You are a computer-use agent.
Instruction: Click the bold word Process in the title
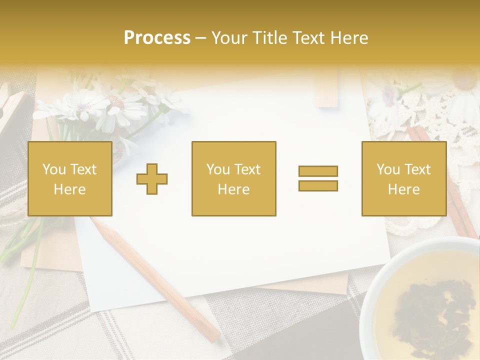click(x=157, y=38)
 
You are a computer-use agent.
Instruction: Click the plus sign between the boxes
click(x=152, y=178)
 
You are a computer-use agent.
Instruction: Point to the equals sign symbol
click(x=318, y=178)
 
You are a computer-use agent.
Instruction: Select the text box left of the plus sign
click(x=70, y=178)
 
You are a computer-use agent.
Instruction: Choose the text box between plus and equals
click(x=233, y=178)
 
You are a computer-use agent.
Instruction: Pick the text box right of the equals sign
click(x=403, y=178)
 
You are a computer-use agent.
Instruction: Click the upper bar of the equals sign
click(x=318, y=171)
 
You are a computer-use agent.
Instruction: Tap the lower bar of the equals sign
click(x=318, y=185)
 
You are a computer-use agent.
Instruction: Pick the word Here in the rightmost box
click(x=403, y=189)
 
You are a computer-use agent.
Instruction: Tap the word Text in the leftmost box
click(x=84, y=169)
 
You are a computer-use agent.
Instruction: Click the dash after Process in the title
click(x=201, y=38)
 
